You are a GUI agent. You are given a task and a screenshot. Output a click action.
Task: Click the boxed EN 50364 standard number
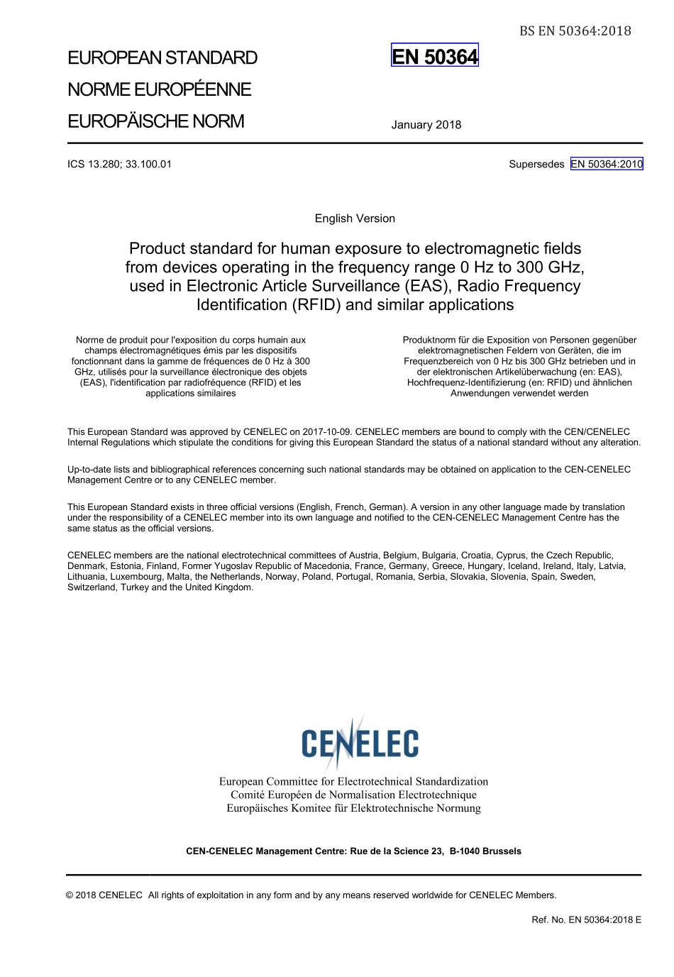tap(435, 56)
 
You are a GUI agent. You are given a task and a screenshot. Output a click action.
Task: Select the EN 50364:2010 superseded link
tap(607, 164)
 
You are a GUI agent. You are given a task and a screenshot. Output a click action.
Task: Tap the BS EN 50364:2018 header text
tap(575, 31)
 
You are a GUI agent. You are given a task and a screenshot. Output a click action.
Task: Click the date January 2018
tap(426, 125)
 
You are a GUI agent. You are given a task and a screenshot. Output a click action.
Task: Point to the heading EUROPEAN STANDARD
tap(162, 58)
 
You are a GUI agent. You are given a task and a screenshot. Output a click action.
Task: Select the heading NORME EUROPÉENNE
tap(160, 90)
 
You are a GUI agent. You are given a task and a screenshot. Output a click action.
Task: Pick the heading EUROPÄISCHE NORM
tap(156, 121)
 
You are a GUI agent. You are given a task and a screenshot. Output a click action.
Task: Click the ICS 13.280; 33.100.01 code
tap(119, 164)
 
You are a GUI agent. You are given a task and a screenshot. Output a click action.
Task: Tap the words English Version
tap(355, 219)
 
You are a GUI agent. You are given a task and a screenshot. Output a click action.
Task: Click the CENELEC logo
tap(360, 743)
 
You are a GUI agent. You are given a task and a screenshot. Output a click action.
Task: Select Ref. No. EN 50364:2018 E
tap(586, 920)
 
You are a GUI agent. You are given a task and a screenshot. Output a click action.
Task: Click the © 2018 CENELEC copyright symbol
tap(70, 895)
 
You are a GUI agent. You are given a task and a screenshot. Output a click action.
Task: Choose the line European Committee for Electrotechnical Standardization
tap(353, 781)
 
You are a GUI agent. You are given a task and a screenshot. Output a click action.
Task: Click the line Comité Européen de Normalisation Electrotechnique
tap(353, 795)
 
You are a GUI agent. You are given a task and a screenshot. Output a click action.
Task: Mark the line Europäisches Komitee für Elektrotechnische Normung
tap(353, 808)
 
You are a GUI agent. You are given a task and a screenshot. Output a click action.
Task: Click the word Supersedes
tap(536, 164)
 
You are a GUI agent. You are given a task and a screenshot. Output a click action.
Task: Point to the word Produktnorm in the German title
tap(429, 340)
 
